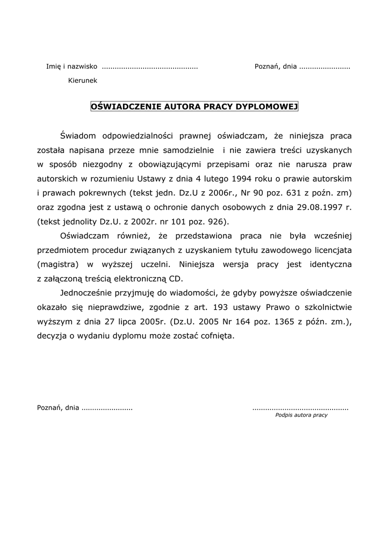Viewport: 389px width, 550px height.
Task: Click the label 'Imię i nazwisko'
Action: [x=71, y=67]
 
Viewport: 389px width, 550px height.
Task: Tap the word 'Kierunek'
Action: [x=83, y=81]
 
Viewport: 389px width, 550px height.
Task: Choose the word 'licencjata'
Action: [x=331, y=250]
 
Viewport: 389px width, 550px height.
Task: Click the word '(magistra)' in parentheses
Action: [x=58, y=264]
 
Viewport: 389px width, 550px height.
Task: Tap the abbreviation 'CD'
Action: [x=190, y=278]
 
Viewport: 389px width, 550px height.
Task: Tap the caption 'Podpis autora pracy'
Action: [x=301, y=415]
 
